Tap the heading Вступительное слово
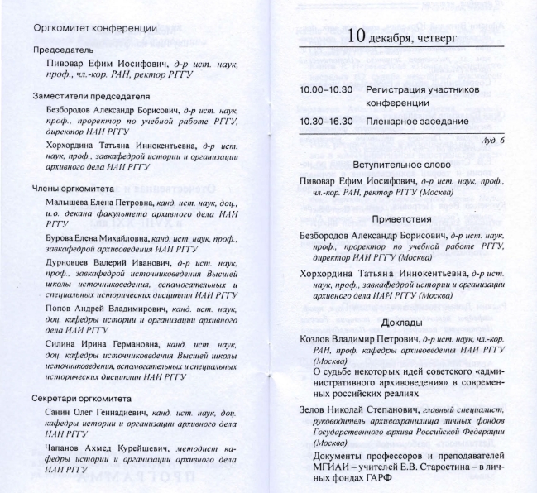coord(403,164)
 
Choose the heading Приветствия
coord(403,219)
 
